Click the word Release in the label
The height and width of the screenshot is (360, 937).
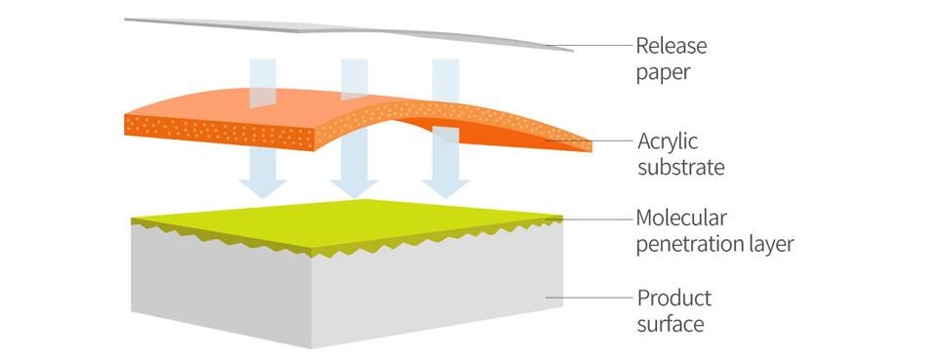click(672, 46)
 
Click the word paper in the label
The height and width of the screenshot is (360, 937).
click(663, 73)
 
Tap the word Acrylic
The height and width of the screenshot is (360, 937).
click(668, 142)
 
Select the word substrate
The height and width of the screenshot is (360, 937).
click(680, 167)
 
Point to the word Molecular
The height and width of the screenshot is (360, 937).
click(681, 218)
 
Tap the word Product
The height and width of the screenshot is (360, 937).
click(674, 298)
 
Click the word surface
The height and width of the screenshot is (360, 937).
click(671, 325)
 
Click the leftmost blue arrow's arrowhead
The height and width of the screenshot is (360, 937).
click(263, 188)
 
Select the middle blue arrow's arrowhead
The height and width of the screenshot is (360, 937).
click(353, 188)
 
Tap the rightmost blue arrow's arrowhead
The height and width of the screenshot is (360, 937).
click(445, 188)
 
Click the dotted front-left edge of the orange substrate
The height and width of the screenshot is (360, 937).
click(220, 132)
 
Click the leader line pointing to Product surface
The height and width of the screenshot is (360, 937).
click(589, 298)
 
